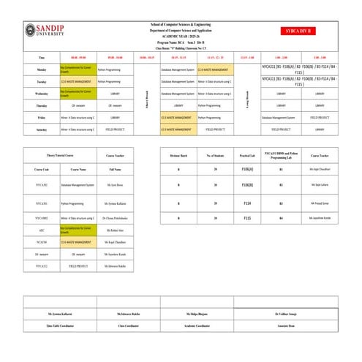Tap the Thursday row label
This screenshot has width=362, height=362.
(41, 105)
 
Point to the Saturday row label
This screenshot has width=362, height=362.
(41, 129)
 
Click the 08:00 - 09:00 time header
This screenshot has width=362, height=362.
(78, 56)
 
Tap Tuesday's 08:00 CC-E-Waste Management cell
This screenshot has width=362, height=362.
(78, 82)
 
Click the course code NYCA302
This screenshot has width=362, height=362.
(41, 203)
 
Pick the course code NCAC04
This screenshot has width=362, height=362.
(41, 241)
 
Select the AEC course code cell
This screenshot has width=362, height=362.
(41, 230)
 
